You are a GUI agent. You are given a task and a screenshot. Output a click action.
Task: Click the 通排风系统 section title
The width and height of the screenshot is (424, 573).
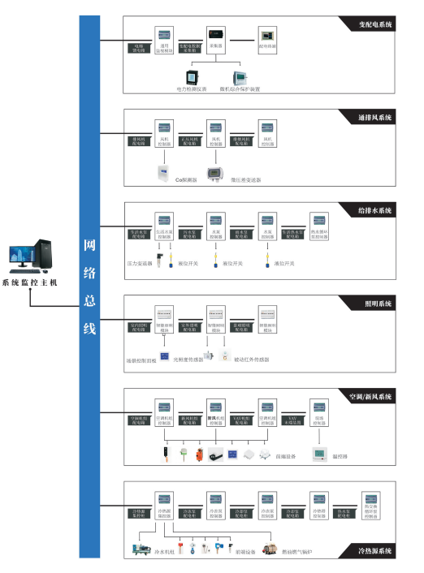tap(374, 118)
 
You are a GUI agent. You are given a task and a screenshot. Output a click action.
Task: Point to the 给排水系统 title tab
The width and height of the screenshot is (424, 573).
tap(374, 211)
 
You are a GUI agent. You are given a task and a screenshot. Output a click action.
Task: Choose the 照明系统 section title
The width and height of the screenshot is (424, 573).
tap(379, 304)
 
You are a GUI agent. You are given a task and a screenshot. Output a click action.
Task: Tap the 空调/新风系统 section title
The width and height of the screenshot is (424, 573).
tap(370, 397)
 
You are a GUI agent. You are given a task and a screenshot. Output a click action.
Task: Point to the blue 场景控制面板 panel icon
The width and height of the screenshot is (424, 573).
tap(165, 356)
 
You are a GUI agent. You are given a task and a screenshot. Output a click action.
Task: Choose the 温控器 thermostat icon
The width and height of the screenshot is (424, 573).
tap(320, 455)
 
